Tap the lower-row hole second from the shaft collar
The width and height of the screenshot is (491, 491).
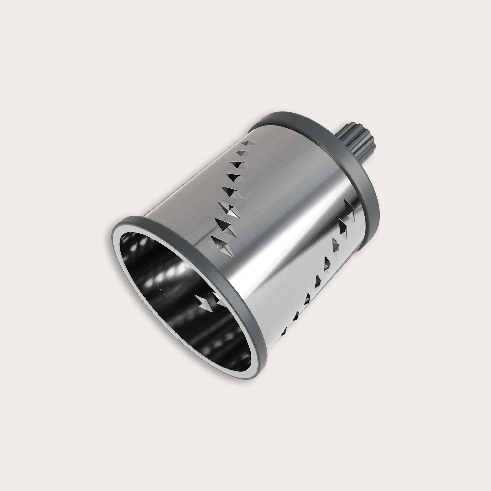(343, 225)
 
